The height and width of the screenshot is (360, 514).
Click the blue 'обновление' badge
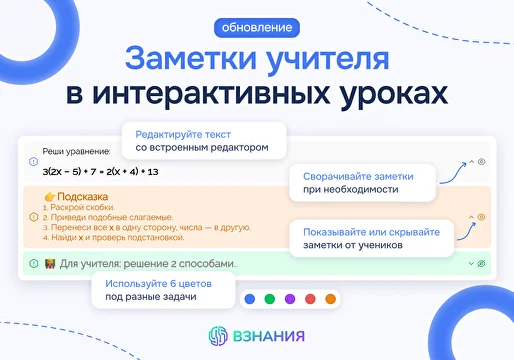256,25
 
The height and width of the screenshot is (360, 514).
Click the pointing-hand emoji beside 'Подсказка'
50,197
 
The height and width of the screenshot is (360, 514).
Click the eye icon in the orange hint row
481,216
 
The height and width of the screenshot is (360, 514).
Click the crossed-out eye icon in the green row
481,263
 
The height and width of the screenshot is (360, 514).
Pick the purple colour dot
290,298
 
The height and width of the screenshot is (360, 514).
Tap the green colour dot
270,298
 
